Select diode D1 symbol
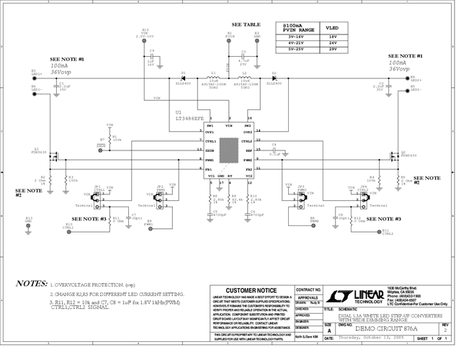tap(184, 78)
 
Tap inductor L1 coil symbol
tap(213, 78)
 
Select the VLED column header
tap(333, 26)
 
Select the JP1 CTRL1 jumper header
tap(98, 194)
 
